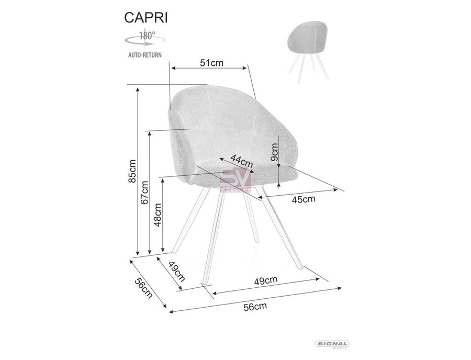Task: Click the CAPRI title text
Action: [146, 18]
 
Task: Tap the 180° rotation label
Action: [147, 36]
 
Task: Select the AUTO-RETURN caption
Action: [145, 55]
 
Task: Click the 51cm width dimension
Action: [212, 63]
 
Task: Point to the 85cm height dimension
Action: [132, 171]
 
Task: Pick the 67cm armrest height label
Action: [144, 193]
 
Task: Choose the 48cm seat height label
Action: [158, 215]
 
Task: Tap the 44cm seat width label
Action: [242, 161]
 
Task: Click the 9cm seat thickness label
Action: [274, 152]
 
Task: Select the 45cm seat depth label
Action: [304, 199]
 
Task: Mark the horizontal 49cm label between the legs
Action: [266, 280]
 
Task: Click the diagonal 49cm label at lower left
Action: [176, 272]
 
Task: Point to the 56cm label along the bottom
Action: [255, 307]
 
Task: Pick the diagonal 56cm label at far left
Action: [143, 288]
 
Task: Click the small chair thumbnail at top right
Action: [308, 51]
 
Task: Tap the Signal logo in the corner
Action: [332, 345]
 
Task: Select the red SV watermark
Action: [236, 180]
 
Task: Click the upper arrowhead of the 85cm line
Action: [138, 89]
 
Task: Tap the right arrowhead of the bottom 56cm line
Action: [340, 288]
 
